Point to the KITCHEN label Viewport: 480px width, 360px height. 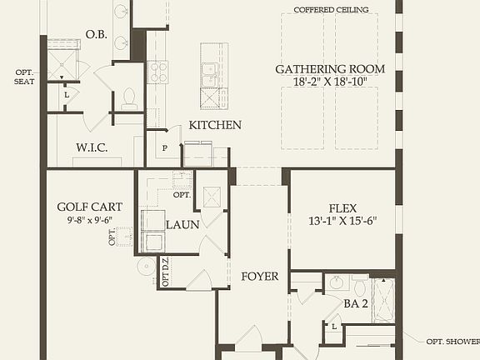pos(215,125)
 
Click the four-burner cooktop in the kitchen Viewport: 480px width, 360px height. pos(157,72)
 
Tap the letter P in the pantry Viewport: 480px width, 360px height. pos(164,148)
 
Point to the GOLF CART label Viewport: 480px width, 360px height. pos(90,207)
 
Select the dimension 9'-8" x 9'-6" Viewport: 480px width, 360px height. pos(90,220)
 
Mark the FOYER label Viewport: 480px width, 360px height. pos(260,277)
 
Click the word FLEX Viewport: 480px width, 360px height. pos(342,207)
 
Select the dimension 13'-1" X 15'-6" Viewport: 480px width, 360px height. pos(342,221)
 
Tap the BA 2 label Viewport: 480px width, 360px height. pos(356,303)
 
